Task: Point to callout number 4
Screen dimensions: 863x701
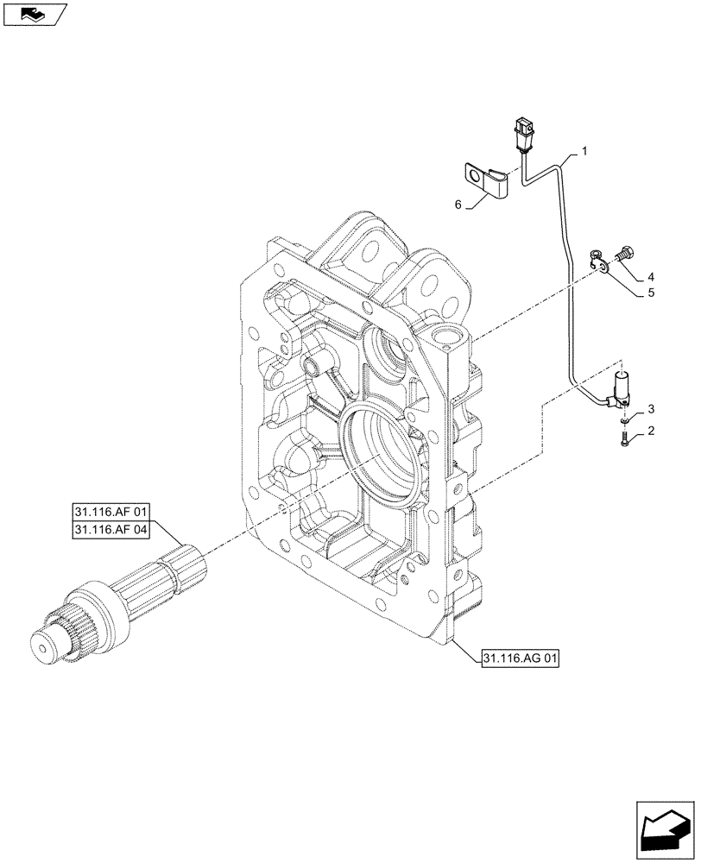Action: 650,277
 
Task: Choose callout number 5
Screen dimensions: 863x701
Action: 650,293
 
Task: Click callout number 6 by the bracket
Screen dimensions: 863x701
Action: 458,205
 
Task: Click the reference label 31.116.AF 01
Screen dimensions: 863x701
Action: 110,512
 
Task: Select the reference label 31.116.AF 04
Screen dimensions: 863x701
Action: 110,529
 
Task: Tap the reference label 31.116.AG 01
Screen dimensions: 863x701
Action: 517,659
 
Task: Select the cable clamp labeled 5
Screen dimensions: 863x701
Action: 598,259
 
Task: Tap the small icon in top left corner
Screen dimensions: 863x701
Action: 34,13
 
